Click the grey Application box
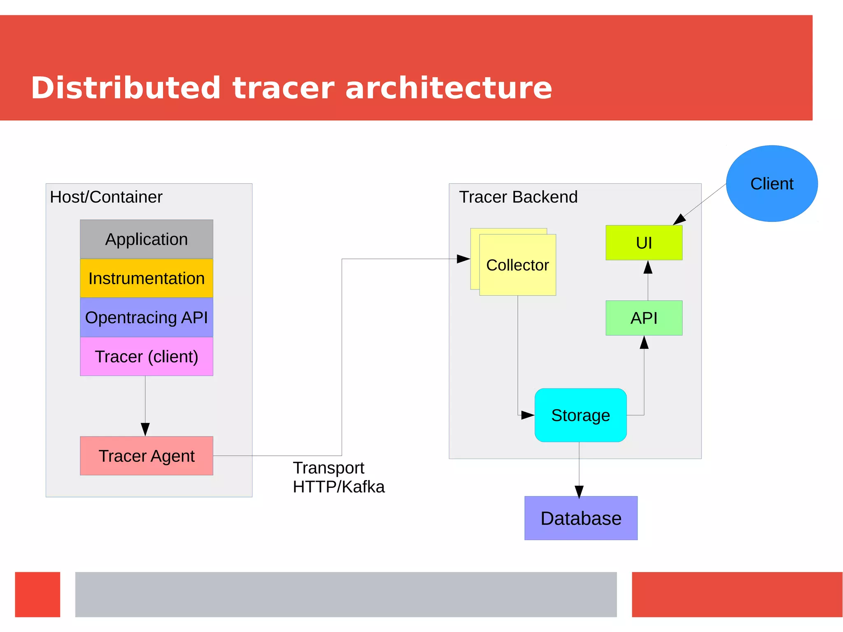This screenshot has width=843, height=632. pos(147,239)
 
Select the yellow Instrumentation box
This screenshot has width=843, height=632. pos(147,278)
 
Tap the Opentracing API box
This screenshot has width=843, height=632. pos(147,317)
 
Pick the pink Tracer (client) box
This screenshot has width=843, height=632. pos(147,357)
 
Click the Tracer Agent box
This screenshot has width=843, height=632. pos(147,456)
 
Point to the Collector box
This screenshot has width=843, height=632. pos(517,265)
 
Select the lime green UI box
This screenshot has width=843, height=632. pos(644,243)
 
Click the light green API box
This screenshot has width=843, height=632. pos(644,318)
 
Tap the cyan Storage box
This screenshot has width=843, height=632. pos(580,415)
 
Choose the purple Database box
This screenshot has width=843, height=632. pos(581,518)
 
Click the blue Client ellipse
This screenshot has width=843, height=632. pos(772,184)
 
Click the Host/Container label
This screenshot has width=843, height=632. pos(106,197)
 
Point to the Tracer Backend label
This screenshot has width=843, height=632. pos(518,197)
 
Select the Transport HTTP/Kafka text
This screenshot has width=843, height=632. pos(338,478)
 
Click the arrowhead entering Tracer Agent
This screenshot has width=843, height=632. pos(145,429)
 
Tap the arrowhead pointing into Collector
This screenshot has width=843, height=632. pos(463,259)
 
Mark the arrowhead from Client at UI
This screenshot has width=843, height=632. pos(679,219)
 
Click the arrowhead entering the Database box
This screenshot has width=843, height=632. pos(579,492)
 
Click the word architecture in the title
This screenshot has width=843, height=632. pos(449,88)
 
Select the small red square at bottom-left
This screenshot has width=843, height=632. pos(37,594)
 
